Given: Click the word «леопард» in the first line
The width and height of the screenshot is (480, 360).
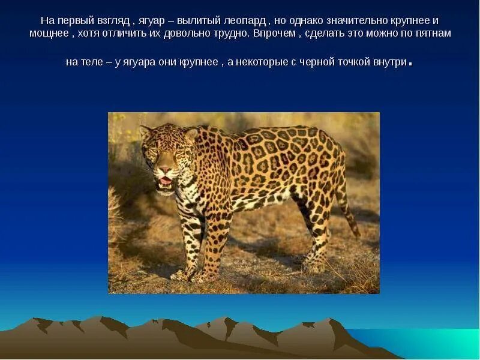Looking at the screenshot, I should pos(244,20).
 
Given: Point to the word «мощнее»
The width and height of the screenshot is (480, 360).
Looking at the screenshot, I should pos(49,34).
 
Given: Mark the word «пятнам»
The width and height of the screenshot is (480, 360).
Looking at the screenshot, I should pos(432,34).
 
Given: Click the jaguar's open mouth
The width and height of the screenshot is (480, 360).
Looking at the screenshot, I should pos(165,181).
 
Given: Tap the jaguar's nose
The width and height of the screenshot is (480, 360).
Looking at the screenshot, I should pos(166,170).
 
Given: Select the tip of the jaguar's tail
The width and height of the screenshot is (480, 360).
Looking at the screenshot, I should pos(356,232).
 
